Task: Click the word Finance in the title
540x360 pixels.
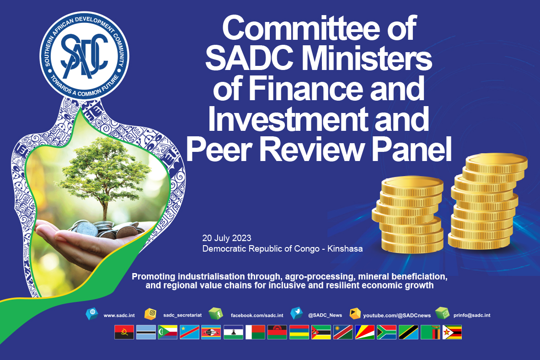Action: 306,89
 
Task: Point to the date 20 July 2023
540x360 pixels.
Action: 227,238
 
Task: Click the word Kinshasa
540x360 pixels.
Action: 345,249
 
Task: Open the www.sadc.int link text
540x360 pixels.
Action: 119,315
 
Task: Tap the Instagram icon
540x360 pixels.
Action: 151,314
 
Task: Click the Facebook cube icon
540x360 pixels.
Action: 215,314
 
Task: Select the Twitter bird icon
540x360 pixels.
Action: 296,313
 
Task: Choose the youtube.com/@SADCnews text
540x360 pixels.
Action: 397,316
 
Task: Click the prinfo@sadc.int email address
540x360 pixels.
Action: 472,315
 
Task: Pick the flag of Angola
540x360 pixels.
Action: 124,333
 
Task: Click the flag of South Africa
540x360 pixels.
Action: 386,333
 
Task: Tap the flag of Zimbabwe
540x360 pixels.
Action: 452,333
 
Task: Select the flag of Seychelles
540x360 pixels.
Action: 365,333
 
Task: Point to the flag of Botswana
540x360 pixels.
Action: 146,333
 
